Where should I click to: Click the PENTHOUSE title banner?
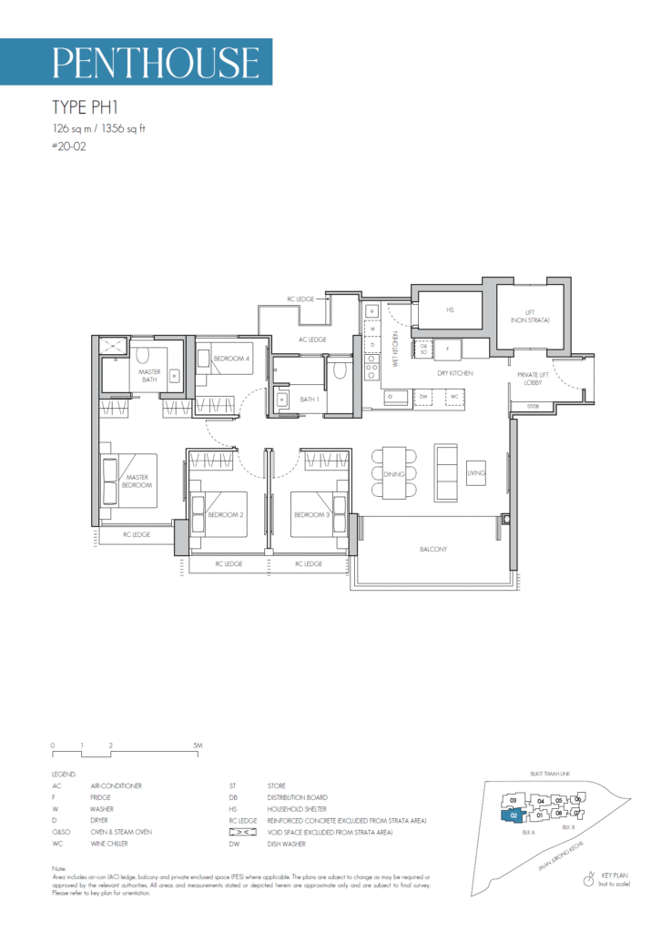click(x=156, y=62)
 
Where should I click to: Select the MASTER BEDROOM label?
click(x=138, y=480)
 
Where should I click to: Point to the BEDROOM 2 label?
click(x=226, y=514)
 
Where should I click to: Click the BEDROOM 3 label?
click(x=311, y=514)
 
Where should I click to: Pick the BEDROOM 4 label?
click(x=231, y=359)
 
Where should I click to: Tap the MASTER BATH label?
click(x=149, y=376)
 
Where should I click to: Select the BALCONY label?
click(x=432, y=549)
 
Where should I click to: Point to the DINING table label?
click(x=394, y=474)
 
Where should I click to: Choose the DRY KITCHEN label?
click(x=453, y=372)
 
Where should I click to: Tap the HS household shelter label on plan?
click(x=450, y=309)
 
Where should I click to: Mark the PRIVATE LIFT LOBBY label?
click(x=532, y=380)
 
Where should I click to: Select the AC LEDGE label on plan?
click(x=312, y=339)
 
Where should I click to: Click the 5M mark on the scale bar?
click(x=198, y=745)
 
